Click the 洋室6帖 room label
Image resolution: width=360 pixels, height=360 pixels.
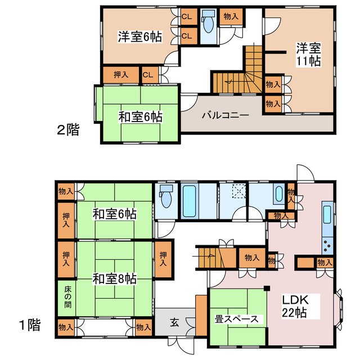click(139, 37)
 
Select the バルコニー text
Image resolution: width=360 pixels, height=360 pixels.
click(225, 115)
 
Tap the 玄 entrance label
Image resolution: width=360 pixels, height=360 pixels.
click(174, 322)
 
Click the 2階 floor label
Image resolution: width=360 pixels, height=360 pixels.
click(67, 130)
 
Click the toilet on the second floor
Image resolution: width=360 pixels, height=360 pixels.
click(208, 22)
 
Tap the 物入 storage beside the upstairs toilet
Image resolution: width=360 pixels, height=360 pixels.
click(231, 16)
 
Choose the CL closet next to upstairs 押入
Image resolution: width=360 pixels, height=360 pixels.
click(148, 74)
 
